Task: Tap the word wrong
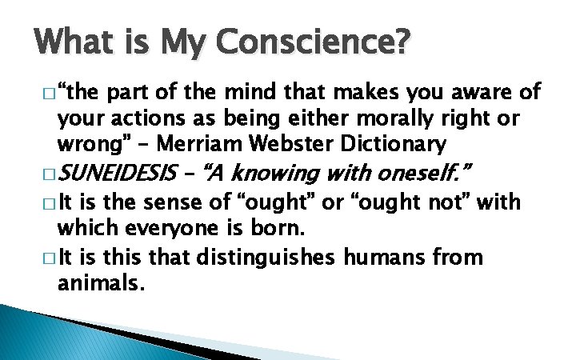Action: click(88, 146)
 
